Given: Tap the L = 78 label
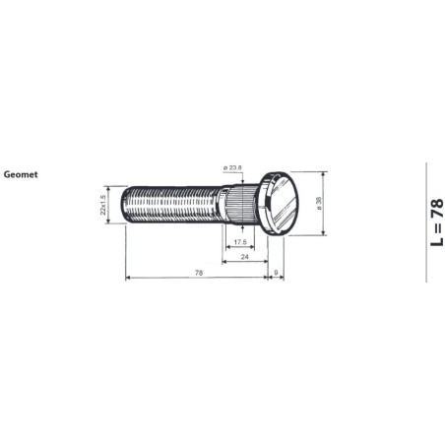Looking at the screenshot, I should (x=435, y=222).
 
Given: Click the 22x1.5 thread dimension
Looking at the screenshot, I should (x=103, y=205).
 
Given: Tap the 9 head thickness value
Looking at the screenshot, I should (x=277, y=272).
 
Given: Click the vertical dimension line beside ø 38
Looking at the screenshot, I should (x=325, y=203).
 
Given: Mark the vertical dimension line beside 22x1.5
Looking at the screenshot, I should (x=110, y=205).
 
